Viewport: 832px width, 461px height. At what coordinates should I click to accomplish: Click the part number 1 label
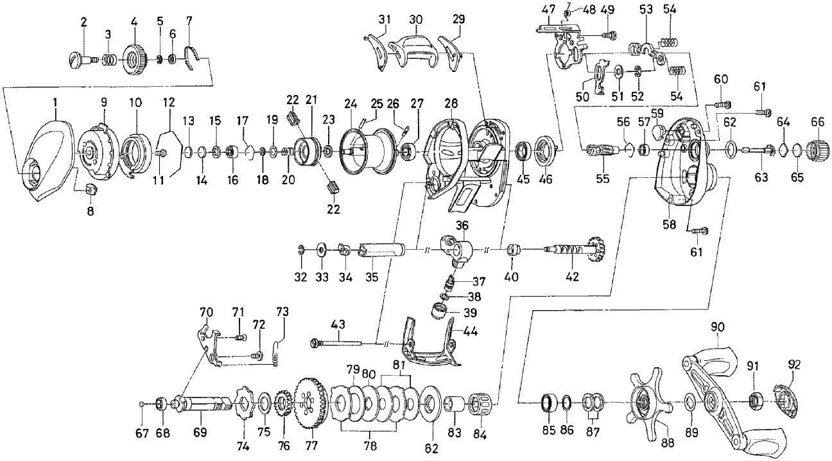pos(55,101)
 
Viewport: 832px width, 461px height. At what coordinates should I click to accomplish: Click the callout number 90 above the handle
pos(717,327)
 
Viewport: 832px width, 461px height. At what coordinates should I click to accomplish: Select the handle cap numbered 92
pos(787,400)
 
